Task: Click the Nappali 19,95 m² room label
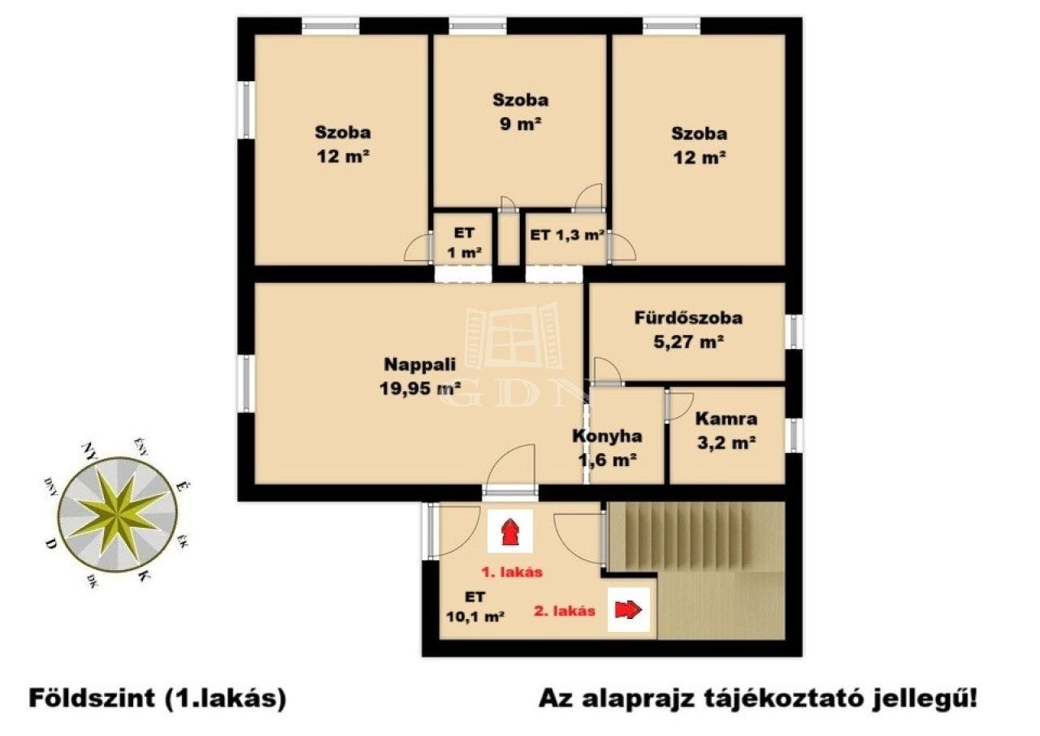point(420,377)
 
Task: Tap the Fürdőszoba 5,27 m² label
point(688,330)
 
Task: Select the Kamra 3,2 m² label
point(726,431)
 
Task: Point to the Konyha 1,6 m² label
point(607,448)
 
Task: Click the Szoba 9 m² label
point(521,112)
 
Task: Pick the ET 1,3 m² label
point(567,236)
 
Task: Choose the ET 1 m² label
point(464,243)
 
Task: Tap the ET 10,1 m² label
point(475,608)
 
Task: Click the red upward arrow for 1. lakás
point(509,532)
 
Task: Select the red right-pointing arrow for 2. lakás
point(628,609)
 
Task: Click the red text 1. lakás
point(512,572)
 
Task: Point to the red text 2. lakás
point(565,611)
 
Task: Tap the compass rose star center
point(119,516)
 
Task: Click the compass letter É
point(182,486)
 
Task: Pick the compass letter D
point(50,543)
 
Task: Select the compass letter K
point(144,576)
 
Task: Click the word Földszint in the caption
point(91,699)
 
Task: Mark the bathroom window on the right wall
point(795,332)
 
